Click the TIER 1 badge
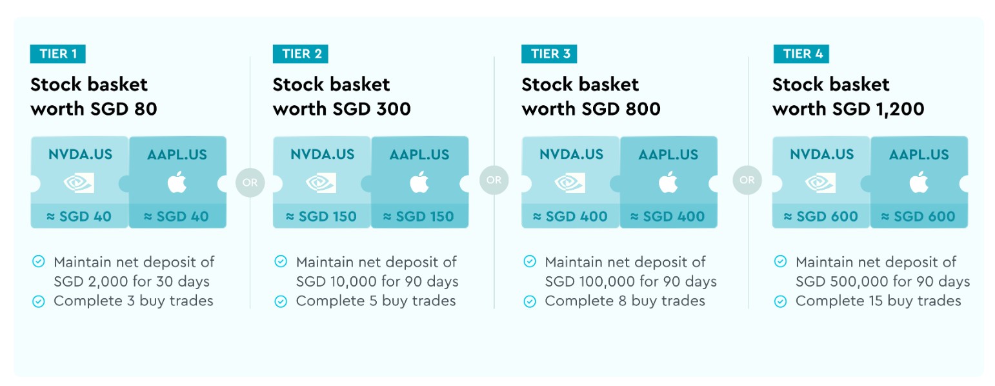[x=57, y=54]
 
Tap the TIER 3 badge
[x=549, y=54]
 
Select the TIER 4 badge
[x=801, y=54]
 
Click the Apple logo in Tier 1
[x=177, y=182]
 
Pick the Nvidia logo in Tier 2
[x=321, y=183]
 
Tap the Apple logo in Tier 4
[x=919, y=182]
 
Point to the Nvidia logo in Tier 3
[x=570, y=183]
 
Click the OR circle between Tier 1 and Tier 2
[x=250, y=182]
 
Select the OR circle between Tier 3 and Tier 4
[x=747, y=180]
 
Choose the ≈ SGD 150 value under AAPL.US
[x=418, y=216]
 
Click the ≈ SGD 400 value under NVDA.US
[x=570, y=216]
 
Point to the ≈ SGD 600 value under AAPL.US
[x=918, y=216]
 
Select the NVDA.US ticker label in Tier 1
[x=81, y=154]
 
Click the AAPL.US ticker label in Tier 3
[x=668, y=154]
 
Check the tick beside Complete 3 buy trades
[x=39, y=301]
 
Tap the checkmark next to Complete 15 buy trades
[x=781, y=301]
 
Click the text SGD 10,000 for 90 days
[x=377, y=281]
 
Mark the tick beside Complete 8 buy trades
[x=530, y=301]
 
